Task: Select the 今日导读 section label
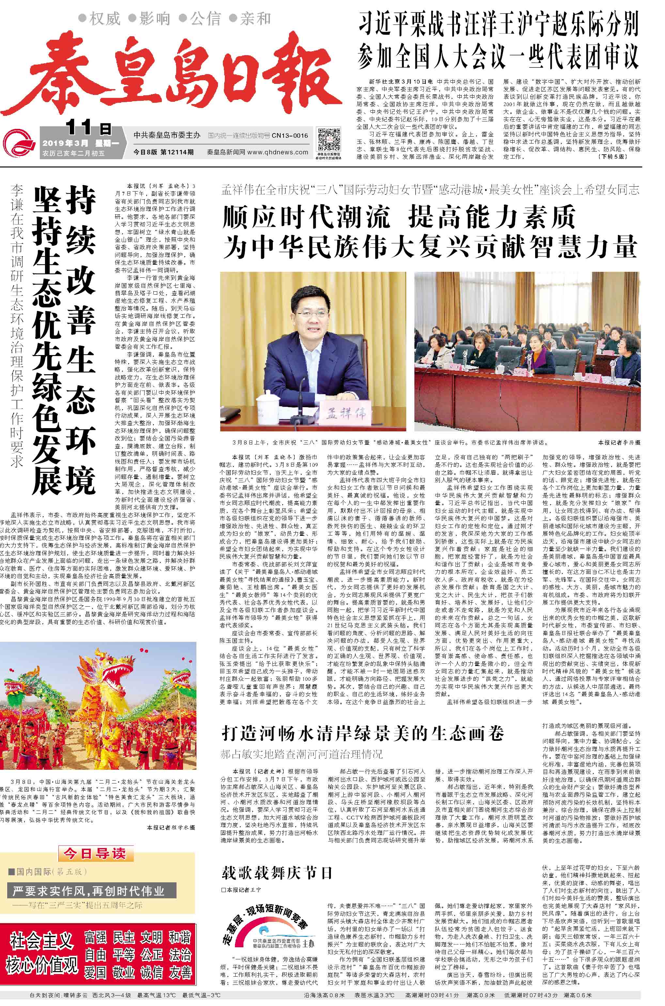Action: pos(95,853)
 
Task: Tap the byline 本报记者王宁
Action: pos(242,889)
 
